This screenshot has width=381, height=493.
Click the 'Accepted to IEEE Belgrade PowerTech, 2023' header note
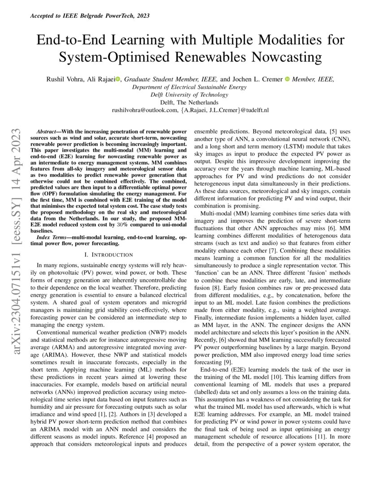pos(89,16)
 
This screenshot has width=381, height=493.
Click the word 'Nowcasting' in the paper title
pos(290,57)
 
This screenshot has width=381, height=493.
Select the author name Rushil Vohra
pos(63,79)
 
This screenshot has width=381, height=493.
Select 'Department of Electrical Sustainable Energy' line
pos(190,87)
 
